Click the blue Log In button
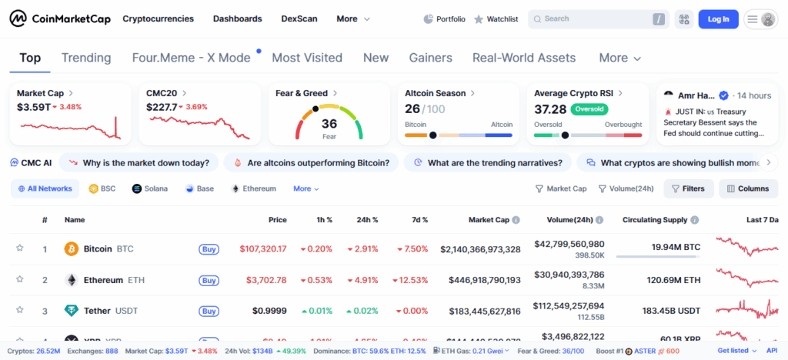click(x=718, y=19)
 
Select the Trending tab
click(x=86, y=58)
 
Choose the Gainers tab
click(x=430, y=58)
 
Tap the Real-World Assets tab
click(x=523, y=58)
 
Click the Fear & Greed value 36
click(x=329, y=123)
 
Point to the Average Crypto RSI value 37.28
click(x=550, y=109)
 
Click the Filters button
click(x=687, y=188)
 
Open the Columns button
click(x=747, y=188)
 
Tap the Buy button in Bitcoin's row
click(x=209, y=249)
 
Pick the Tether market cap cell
click(x=480, y=311)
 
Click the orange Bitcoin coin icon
click(x=72, y=249)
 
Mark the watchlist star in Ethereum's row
click(x=20, y=279)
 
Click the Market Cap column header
click(x=489, y=220)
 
